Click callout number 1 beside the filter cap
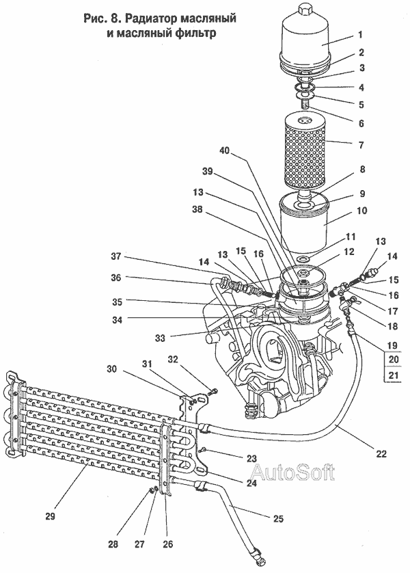tap(360, 35)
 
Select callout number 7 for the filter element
tap(361, 145)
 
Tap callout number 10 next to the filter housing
tap(361, 211)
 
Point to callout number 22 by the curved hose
tap(381, 454)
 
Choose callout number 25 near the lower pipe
tap(278, 518)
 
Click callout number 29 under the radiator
tap(51, 516)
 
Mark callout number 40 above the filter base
tap(224, 150)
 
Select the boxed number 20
tap(393, 359)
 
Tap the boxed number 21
tap(393, 375)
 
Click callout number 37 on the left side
tap(115, 256)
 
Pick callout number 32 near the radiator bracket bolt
tap(173, 360)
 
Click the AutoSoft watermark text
tap(292, 472)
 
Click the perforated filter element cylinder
tap(304, 150)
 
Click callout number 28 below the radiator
tap(113, 544)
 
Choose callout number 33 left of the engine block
tap(161, 338)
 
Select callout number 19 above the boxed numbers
tap(392, 345)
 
